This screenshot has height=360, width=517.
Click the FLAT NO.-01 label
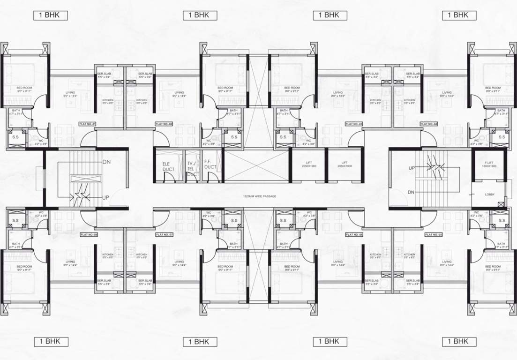[88, 124]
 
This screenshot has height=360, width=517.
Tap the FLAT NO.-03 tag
[354, 124]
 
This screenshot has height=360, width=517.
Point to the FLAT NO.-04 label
[429, 124]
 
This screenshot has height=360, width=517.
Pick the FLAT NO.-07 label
[165, 234]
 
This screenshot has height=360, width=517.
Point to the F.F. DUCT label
[210, 164]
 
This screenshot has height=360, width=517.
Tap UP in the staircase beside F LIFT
[412, 167]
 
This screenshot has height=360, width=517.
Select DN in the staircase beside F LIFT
[411, 192]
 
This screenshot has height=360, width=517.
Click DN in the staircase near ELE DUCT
[106, 162]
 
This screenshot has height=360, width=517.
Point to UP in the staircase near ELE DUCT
[105, 197]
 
